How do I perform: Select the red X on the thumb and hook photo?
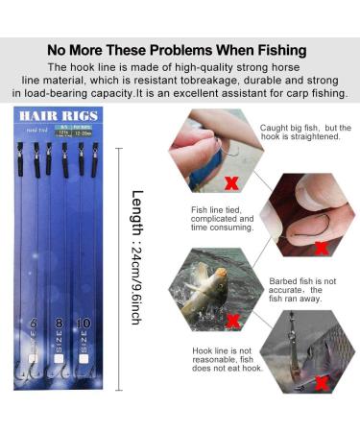tap(321, 248)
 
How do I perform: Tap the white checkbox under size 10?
tap(84, 365)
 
